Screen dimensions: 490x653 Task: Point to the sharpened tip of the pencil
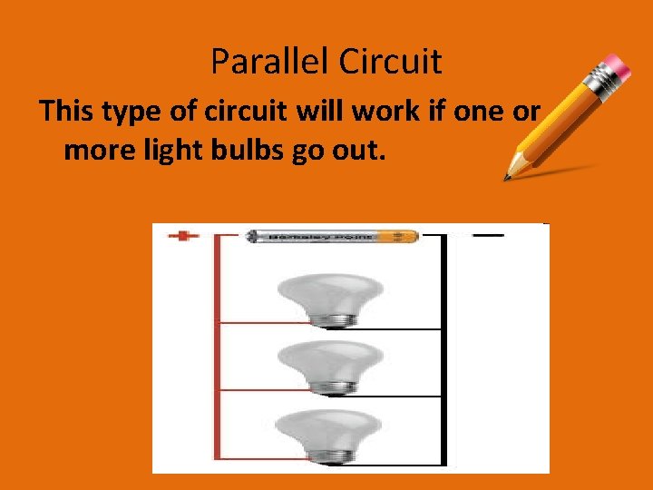tap(511, 173)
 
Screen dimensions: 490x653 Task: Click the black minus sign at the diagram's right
tap(488, 235)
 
